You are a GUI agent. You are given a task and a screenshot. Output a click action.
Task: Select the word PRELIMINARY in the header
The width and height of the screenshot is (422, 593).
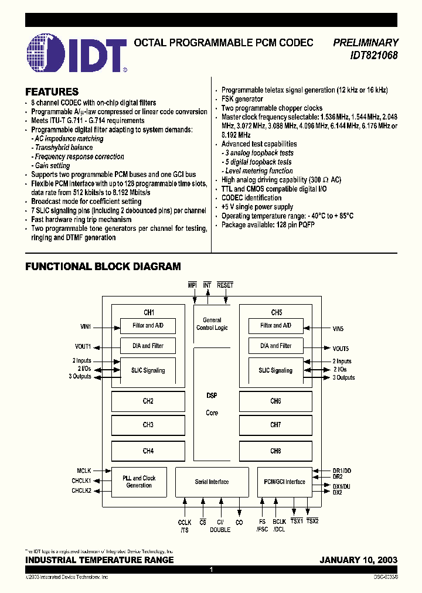click(x=365, y=43)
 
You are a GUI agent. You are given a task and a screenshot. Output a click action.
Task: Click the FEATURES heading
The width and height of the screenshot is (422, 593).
click(x=52, y=92)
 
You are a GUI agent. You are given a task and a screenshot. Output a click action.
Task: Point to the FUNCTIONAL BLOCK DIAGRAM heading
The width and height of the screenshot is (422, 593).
click(x=103, y=267)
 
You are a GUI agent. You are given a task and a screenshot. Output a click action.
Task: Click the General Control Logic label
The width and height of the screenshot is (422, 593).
click(x=212, y=323)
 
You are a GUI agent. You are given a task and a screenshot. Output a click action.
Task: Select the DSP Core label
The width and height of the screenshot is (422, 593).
click(x=212, y=404)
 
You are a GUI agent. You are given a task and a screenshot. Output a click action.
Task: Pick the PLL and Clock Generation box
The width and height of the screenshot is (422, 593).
click(x=139, y=482)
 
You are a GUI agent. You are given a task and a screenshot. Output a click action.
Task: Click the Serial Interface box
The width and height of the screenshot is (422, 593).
click(x=212, y=482)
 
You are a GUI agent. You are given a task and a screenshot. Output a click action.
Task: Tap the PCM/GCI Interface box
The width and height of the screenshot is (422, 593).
click(x=285, y=482)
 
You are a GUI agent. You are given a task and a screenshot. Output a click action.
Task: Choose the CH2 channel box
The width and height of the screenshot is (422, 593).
click(x=148, y=401)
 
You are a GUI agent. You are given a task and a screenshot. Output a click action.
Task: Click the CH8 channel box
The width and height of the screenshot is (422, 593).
click(x=275, y=451)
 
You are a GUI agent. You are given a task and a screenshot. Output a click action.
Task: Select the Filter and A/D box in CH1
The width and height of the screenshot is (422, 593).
click(x=148, y=325)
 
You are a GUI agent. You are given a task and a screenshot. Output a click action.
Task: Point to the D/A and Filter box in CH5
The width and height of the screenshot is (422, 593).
click(x=275, y=346)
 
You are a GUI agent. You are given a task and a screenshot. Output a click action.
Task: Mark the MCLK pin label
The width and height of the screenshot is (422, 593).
click(x=84, y=470)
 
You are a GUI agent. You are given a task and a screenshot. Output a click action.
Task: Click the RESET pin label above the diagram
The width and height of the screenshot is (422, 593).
click(x=225, y=285)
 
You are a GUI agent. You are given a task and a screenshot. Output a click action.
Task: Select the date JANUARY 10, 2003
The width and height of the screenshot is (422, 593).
click(x=358, y=560)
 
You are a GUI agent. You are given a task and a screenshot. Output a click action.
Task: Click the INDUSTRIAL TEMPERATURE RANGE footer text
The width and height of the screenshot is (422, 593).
click(x=99, y=560)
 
